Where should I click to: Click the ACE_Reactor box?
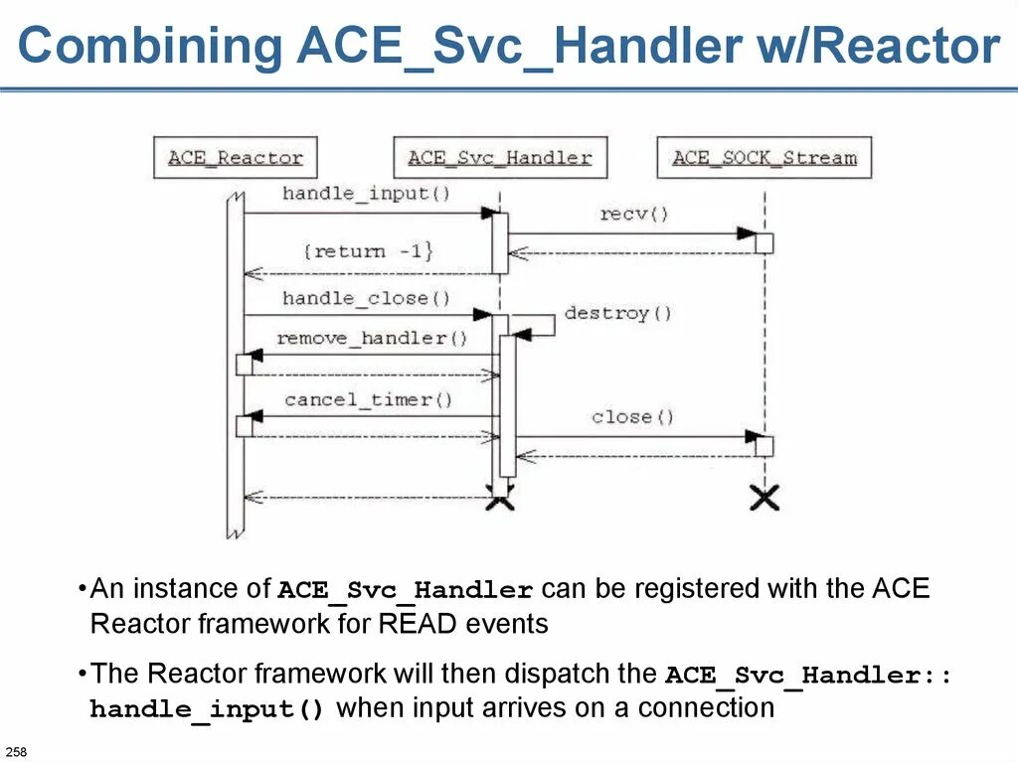236,157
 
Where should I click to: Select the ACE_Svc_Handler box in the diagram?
499,157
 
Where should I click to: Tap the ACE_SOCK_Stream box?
763,157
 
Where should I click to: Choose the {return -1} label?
368,251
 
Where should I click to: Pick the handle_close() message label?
366,298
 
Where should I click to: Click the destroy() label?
618,314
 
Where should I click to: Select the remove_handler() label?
372,338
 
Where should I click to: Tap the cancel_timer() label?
368,399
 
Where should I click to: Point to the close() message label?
632,416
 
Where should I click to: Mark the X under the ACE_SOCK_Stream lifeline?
763,498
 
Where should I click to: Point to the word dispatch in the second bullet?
551,674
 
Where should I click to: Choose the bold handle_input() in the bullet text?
207,709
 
